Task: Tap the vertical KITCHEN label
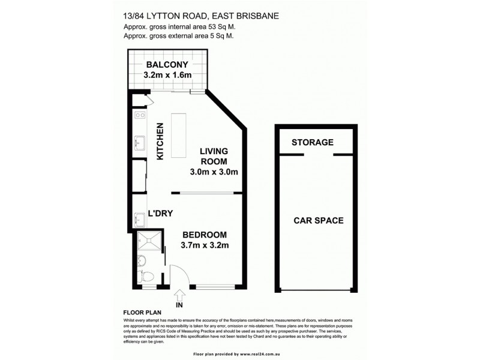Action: pyautogui.click(x=160, y=142)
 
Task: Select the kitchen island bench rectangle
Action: pyautogui.click(x=178, y=136)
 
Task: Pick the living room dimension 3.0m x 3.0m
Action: pyautogui.click(x=214, y=172)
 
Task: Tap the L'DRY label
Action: pyautogui.click(x=160, y=213)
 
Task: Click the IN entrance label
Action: pyautogui.click(x=179, y=305)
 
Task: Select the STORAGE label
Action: pyautogui.click(x=312, y=143)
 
